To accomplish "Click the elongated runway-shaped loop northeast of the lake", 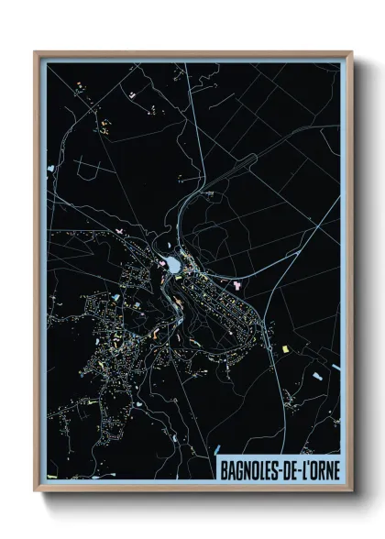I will click(x=246, y=162).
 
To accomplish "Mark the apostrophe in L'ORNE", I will click(x=308, y=465).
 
